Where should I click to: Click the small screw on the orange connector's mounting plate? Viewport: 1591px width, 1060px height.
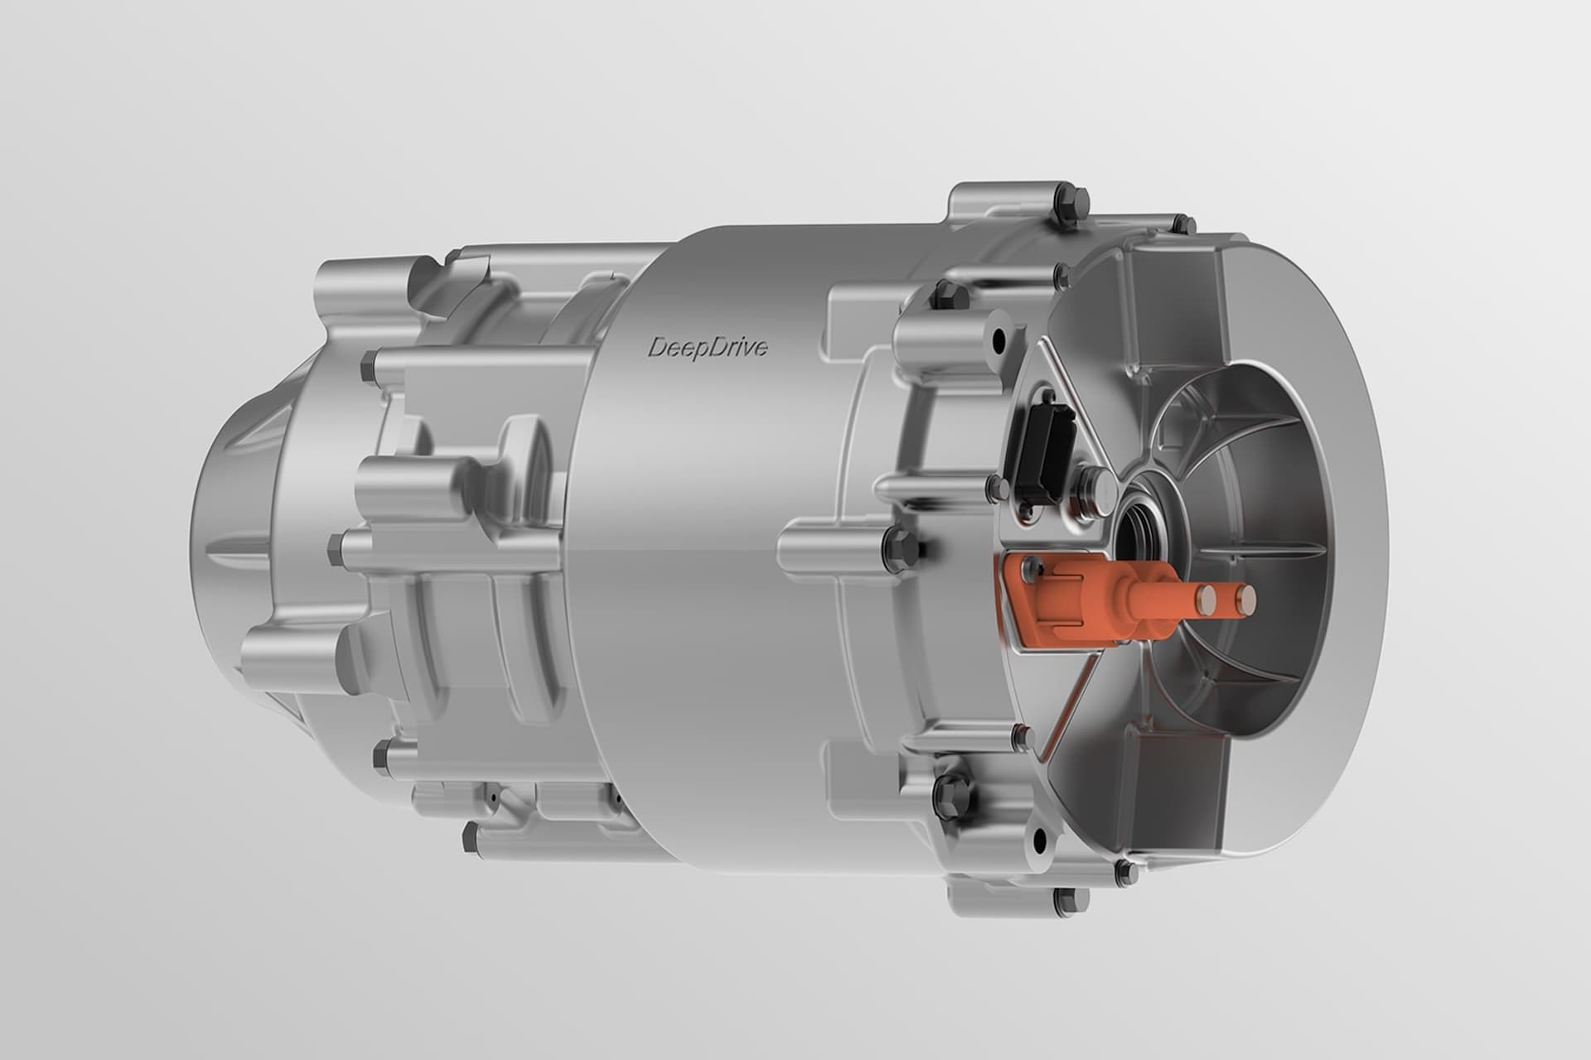(x=1030, y=566)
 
